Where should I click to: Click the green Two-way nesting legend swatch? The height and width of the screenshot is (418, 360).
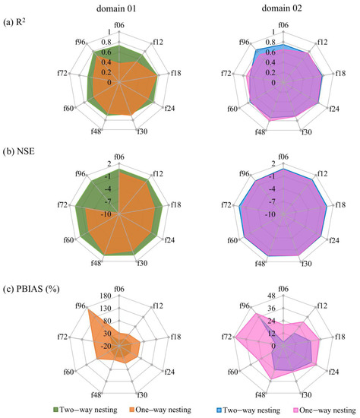[x=11, y=409]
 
